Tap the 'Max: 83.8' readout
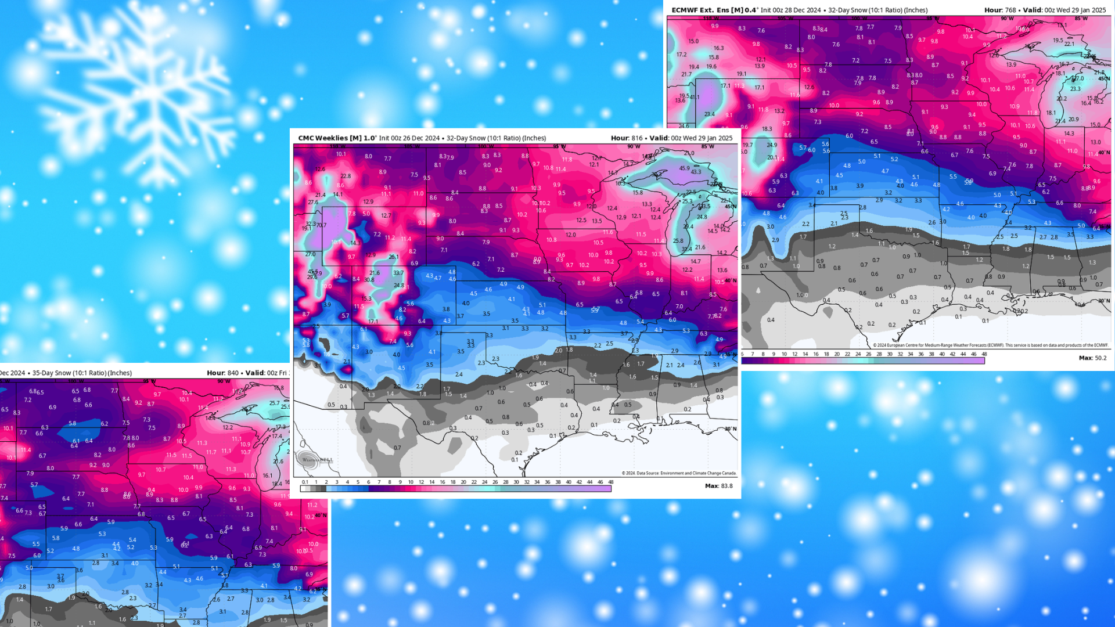(718, 486)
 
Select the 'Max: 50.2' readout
(1092, 358)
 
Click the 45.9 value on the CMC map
(685, 168)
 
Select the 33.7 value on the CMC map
(398, 273)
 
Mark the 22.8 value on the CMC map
(346, 176)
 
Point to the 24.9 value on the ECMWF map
(772, 145)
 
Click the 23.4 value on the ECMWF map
(710, 114)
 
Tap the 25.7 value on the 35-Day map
(274, 403)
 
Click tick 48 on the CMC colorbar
(610, 482)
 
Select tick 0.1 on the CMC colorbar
(305, 482)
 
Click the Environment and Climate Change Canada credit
(679, 473)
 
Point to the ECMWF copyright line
(990, 345)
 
